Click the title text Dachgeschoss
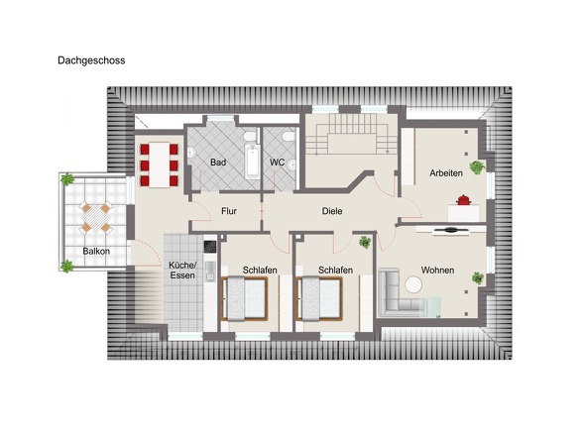(91, 60)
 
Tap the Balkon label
(97, 252)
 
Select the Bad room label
(218, 161)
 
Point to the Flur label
(229, 211)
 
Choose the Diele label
(331, 211)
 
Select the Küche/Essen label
(182, 272)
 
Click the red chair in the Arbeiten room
(461, 200)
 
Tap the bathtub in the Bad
(250, 159)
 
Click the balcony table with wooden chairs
(97, 216)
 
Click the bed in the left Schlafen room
(246, 299)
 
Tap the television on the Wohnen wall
(451, 230)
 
